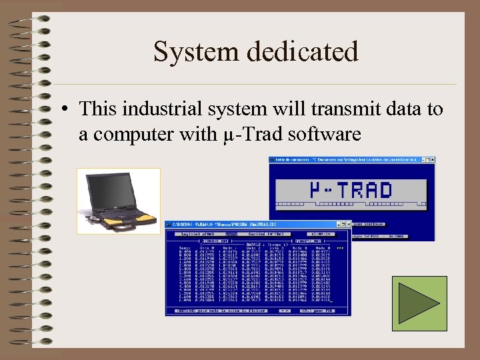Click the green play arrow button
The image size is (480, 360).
coord(419,303)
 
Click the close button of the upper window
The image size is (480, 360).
coord(432,160)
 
